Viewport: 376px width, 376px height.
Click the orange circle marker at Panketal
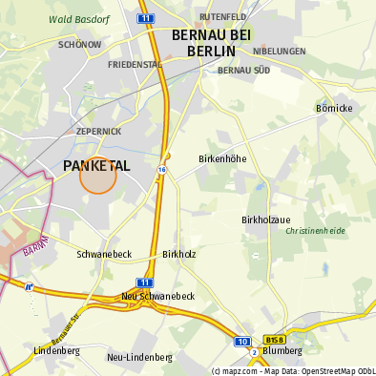tap(97, 176)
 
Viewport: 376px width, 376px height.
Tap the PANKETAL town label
tap(95, 166)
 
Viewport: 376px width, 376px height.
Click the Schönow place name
tap(79, 44)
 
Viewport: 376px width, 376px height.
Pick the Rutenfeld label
tap(221, 17)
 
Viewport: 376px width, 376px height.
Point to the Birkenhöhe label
tap(222, 157)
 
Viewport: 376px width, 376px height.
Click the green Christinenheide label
tap(315, 231)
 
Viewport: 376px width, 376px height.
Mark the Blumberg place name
tap(282, 351)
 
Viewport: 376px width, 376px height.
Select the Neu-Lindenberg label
tap(139, 357)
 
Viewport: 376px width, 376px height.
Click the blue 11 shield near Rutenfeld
tap(144, 18)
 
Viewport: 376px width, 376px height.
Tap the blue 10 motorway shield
tap(242, 340)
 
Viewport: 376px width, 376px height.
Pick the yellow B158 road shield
tap(275, 339)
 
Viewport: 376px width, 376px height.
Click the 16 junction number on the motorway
tap(162, 169)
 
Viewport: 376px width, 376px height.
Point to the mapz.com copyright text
tap(293, 370)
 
